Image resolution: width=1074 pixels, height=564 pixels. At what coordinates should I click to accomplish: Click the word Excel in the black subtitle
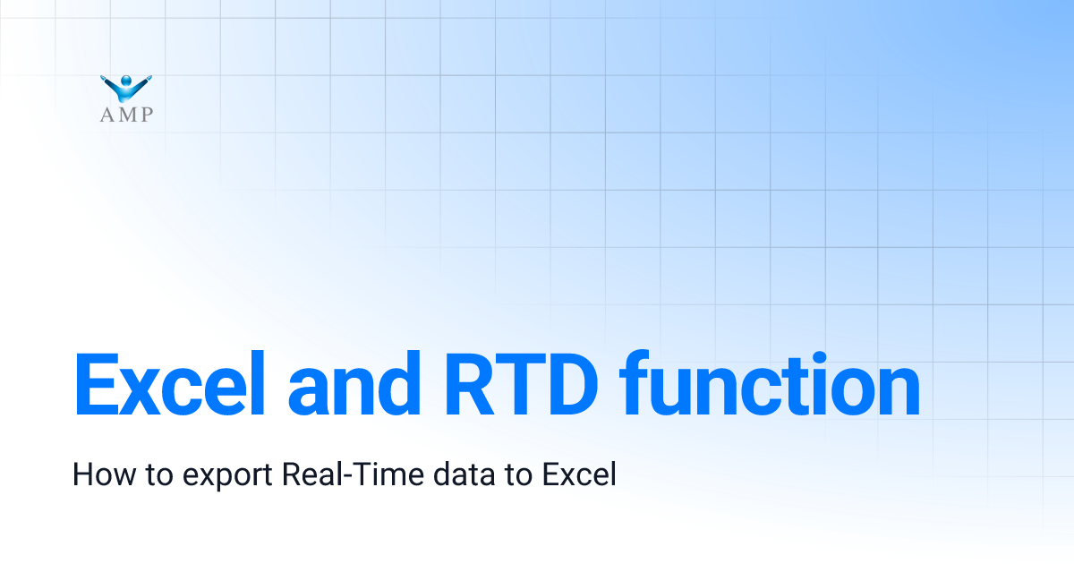click(x=579, y=474)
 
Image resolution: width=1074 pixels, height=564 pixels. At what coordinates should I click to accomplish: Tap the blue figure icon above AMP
click(x=127, y=87)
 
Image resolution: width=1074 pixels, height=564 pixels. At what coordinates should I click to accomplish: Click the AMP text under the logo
click(x=127, y=114)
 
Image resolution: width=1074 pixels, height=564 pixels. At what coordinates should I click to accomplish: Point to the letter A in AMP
click(x=107, y=114)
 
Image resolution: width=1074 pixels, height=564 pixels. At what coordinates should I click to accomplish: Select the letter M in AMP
click(x=125, y=114)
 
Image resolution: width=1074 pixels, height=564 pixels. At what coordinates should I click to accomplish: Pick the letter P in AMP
click(x=146, y=114)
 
